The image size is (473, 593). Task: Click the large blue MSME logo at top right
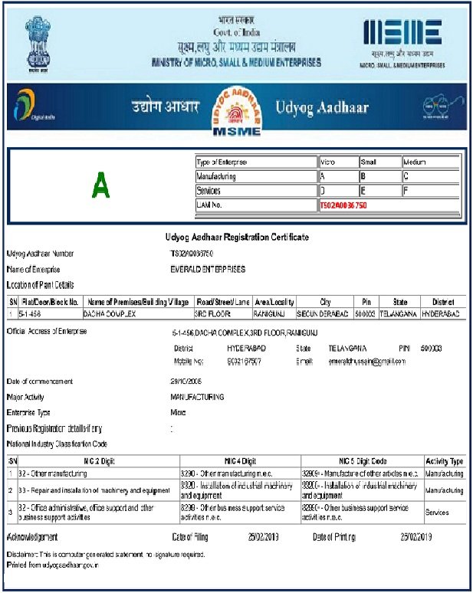[x=402, y=34]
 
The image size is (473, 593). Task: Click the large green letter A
[x=100, y=185]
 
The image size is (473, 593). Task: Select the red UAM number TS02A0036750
[x=343, y=205]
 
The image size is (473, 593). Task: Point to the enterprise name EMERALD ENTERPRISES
[x=208, y=269]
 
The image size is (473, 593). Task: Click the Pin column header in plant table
[x=366, y=302]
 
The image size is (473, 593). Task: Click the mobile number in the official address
[x=248, y=360]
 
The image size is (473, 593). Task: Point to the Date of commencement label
[x=40, y=381]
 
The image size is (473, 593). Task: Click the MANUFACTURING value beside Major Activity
[x=197, y=397]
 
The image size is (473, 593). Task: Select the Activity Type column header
[x=444, y=461]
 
